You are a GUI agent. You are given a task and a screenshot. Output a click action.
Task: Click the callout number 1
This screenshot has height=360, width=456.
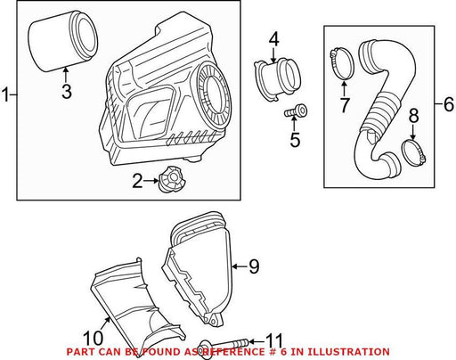coord(5,94)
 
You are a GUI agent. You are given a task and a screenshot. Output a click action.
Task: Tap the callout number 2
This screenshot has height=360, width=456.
coord(137,181)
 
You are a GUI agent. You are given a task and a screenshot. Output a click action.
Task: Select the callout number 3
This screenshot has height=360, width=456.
coord(67,92)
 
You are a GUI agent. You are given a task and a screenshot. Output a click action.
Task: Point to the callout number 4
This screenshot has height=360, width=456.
coord(273,40)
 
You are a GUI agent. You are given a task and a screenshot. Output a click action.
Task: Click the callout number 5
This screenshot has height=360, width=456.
coord(295,140)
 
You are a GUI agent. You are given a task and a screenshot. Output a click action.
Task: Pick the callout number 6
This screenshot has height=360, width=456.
coord(448,104)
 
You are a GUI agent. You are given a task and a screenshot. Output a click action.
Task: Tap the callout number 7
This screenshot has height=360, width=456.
coord(344,105)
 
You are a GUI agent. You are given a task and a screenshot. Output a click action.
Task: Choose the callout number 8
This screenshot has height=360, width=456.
coord(413,116)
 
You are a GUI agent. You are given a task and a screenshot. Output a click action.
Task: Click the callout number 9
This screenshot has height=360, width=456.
coord(254,266)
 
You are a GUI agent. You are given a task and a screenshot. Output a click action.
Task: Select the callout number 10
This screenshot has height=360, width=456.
coord(93,339)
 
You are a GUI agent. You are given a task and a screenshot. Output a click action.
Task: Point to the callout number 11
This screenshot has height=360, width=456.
coord(273,340)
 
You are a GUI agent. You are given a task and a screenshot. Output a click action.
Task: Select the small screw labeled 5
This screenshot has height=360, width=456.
coord(296,111)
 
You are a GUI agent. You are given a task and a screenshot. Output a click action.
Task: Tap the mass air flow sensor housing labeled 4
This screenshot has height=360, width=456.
coord(277,80)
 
